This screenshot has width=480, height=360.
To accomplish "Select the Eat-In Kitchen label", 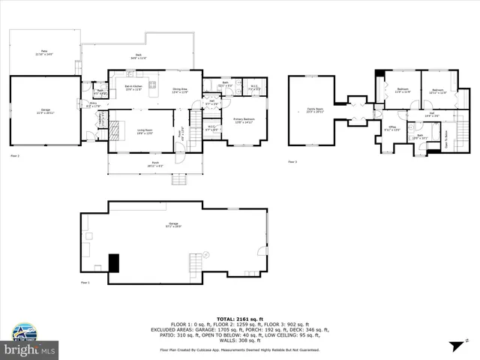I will pos(133,90).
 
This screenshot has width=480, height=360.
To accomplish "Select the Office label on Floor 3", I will pos(391,128).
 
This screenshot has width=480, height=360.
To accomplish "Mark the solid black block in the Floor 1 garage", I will pos(114,263).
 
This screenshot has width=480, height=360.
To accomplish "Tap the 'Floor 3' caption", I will pos(292,161).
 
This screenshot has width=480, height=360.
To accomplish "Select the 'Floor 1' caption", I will pos(85,283).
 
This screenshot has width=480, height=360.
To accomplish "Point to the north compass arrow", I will pos(456,346).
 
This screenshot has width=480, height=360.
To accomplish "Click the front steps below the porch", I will pos(179,179).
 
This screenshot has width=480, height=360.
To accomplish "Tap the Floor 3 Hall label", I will pos(411,115).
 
